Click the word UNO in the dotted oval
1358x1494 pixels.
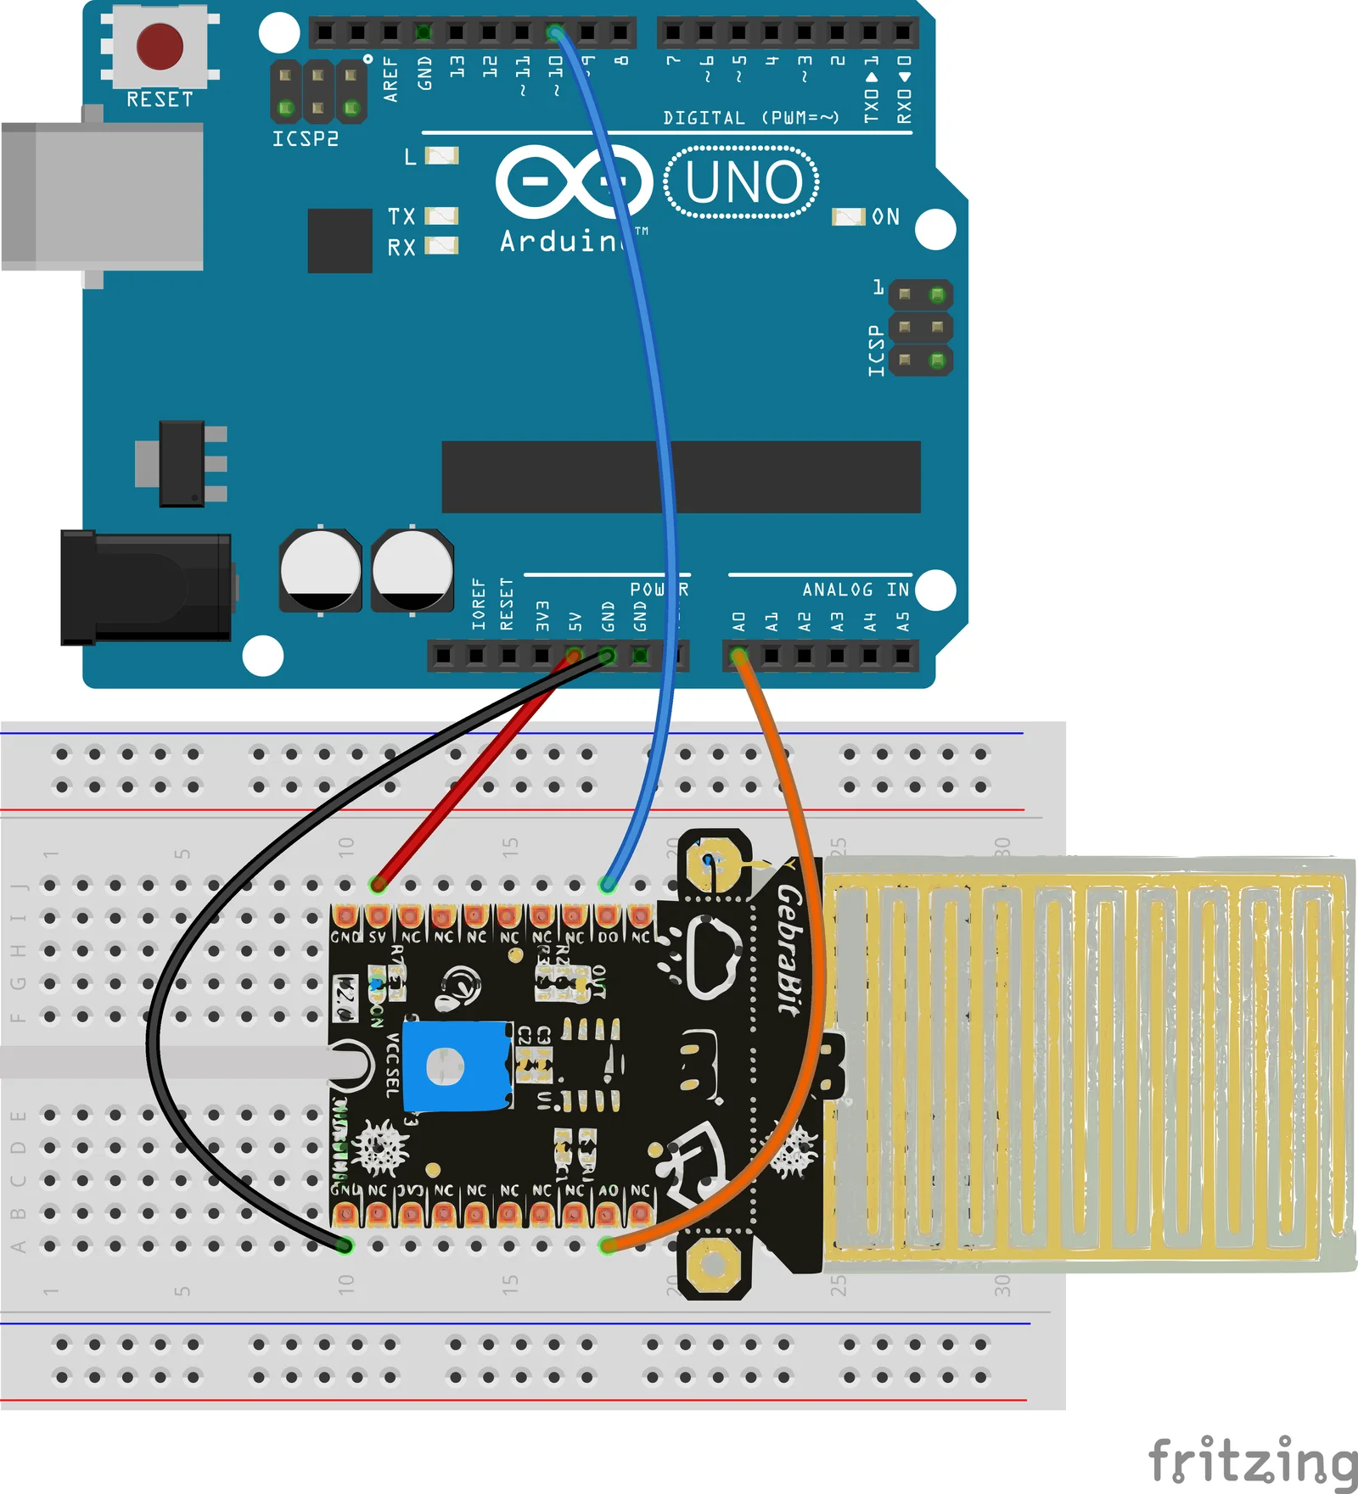coord(743,182)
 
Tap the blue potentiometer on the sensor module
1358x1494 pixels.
coord(456,1066)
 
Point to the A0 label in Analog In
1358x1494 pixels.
coord(738,622)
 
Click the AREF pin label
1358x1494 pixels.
coord(390,79)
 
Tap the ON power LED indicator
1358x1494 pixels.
coord(849,217)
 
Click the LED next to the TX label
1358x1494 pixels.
coord(441,216)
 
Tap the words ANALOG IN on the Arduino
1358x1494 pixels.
coord(855,590)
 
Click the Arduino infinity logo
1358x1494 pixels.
coord(574,182)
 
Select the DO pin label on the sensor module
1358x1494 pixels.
coord(608,937)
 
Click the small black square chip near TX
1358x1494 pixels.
coord(339,241)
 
